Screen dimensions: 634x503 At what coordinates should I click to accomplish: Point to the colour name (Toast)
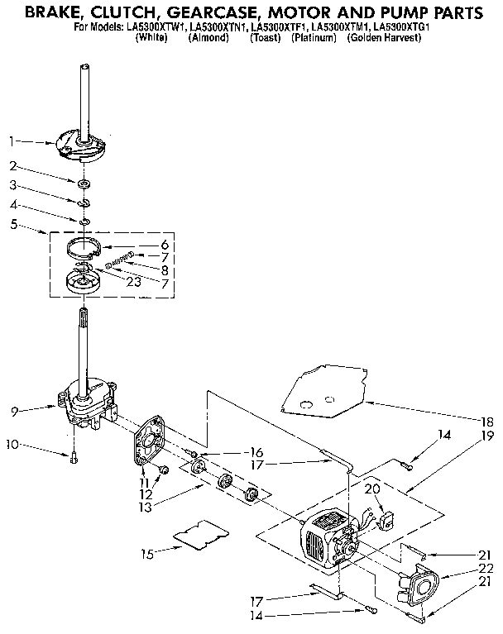(x=266, y=38)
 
